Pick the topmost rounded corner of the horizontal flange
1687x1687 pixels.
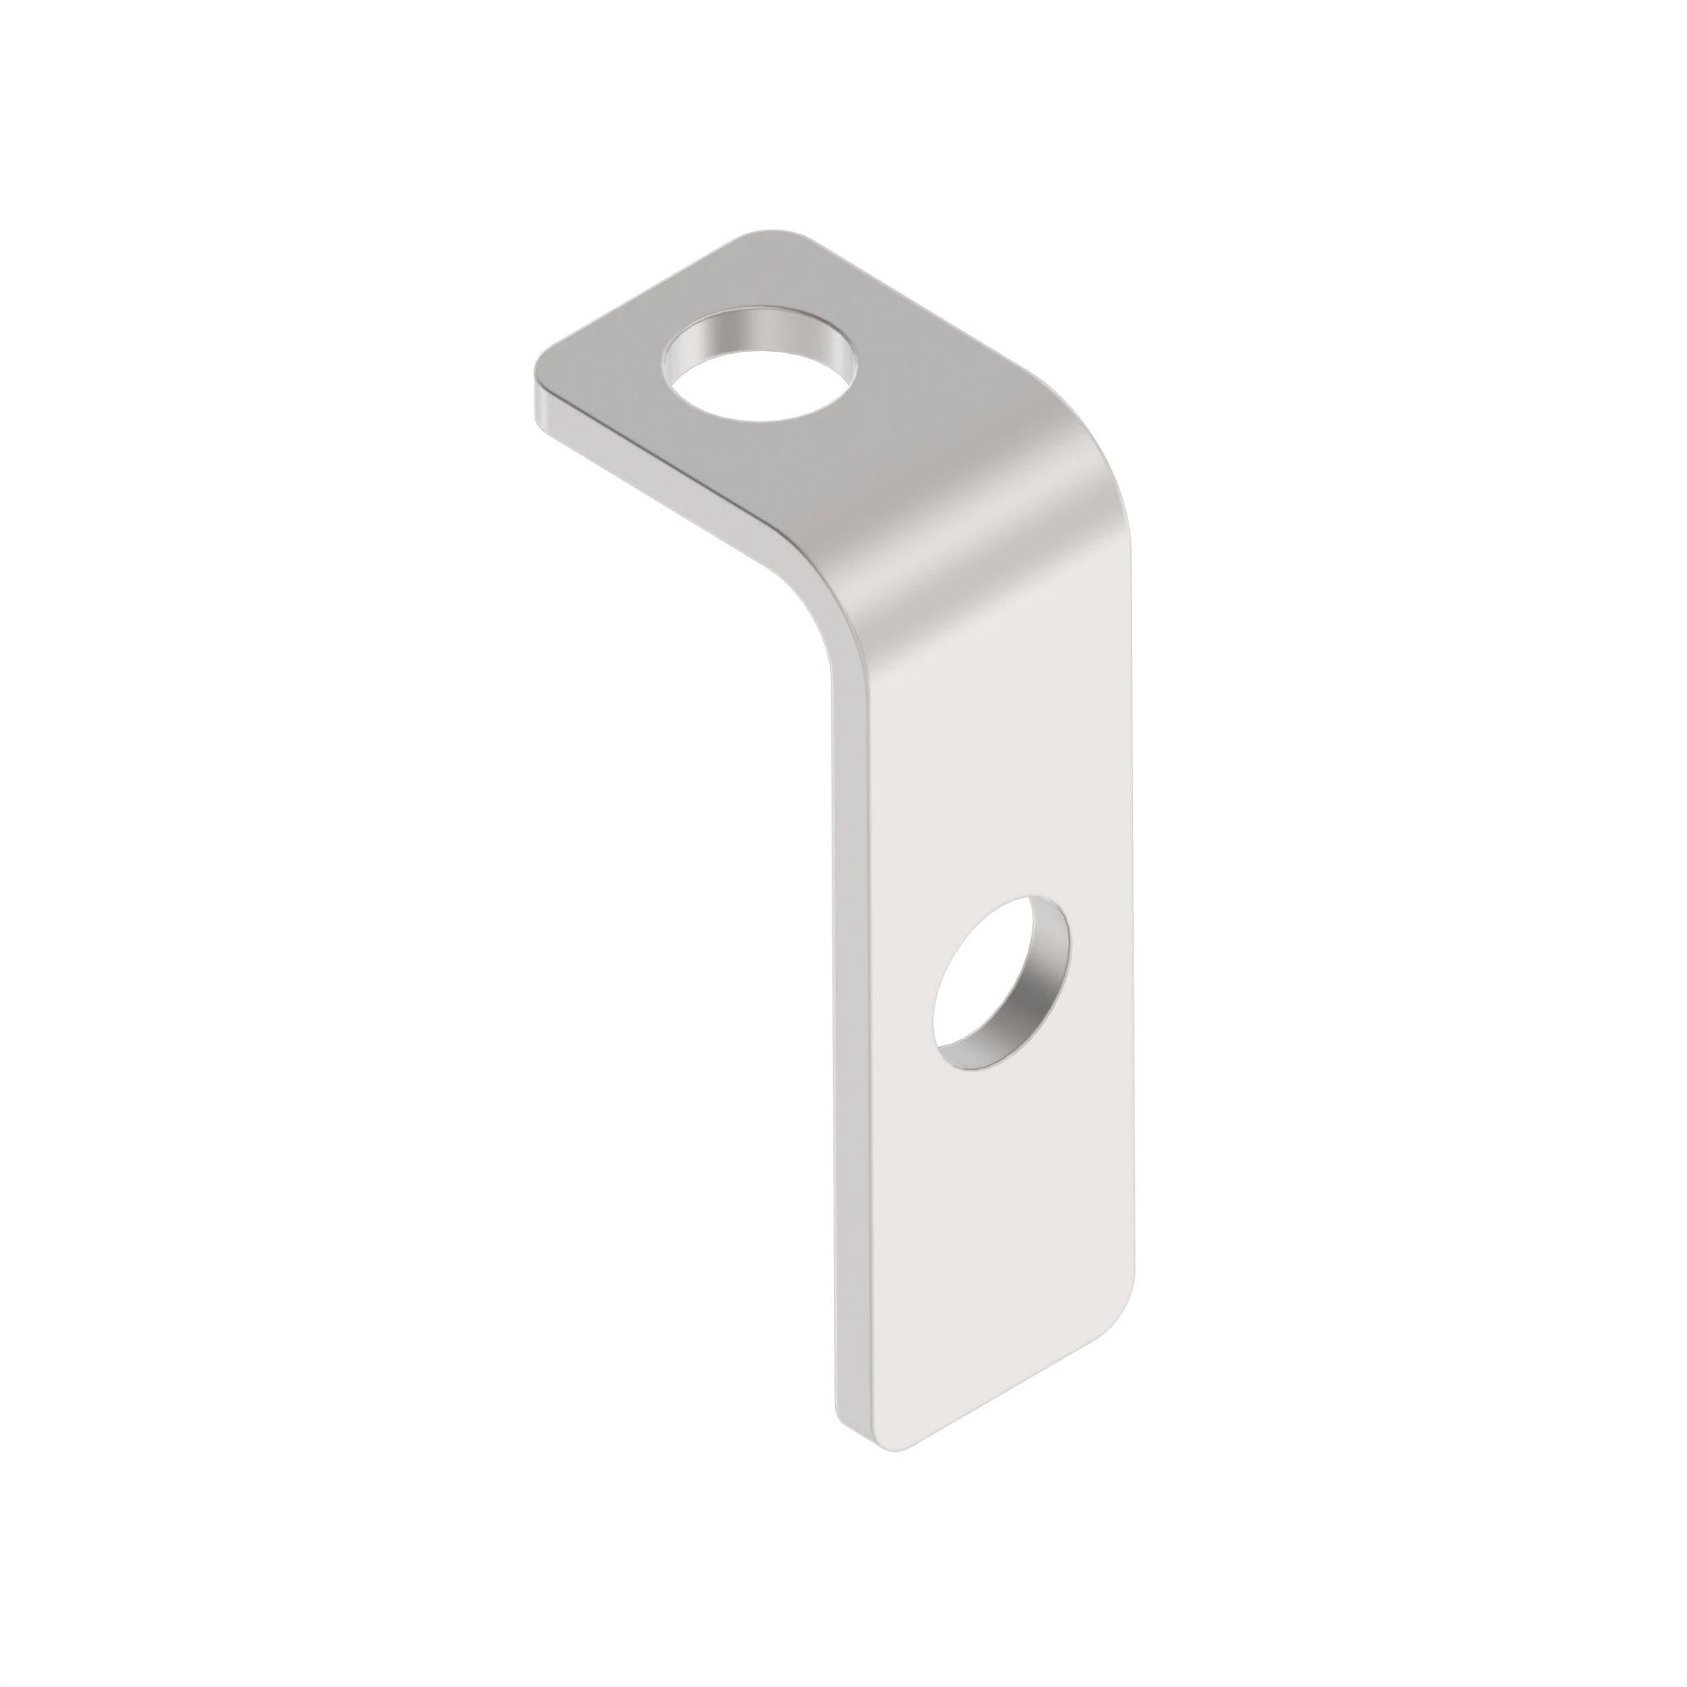click(x=768, y=238)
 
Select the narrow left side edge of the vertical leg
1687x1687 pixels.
click(x=851, y=1048)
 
